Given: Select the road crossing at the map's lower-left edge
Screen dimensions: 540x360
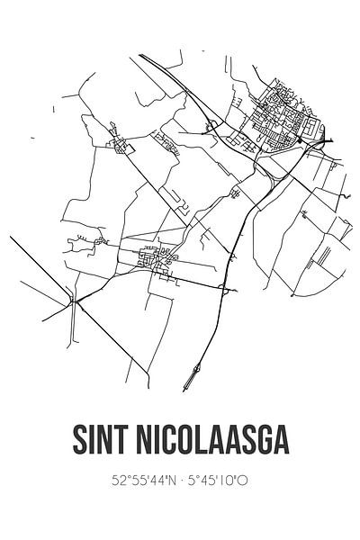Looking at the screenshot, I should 72,301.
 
